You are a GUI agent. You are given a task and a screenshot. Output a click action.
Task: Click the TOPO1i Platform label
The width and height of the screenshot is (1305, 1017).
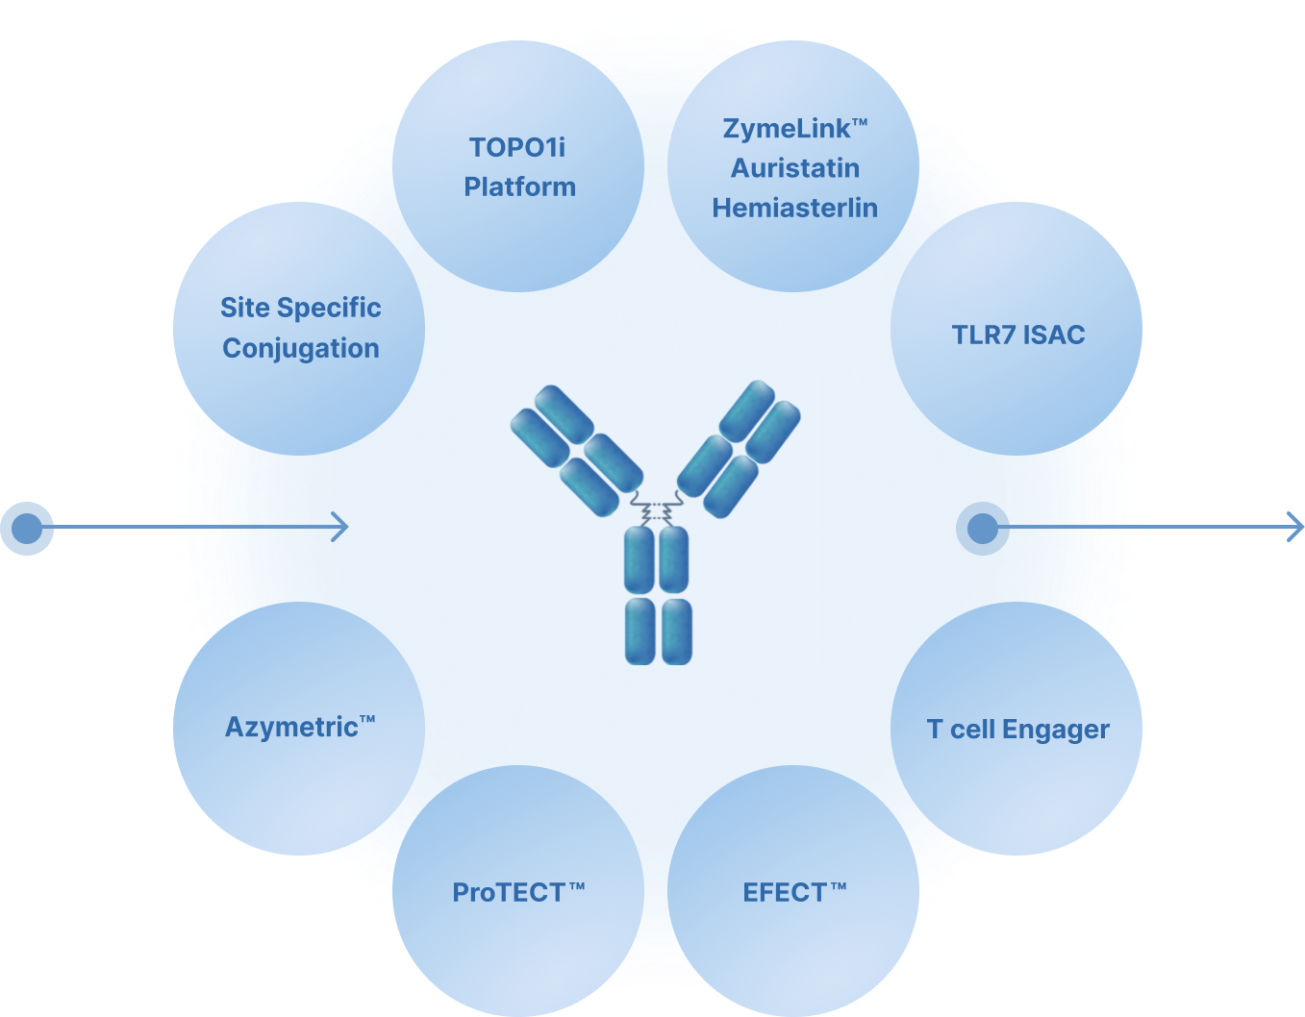click(x=519, y=166)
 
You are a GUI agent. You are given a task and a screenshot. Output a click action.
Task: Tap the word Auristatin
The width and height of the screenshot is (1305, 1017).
click(x=795, y=168)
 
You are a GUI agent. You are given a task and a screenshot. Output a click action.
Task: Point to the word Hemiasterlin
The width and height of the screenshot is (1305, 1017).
click(x=795, y=208)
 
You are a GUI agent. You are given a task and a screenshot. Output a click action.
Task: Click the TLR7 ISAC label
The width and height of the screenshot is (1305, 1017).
click(x=1017, y=335)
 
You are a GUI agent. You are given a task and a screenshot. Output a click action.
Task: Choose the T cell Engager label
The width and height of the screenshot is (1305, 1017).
click(x=1017, y=730)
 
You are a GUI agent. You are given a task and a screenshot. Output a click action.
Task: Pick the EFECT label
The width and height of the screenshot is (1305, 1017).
click(x=793, y=893)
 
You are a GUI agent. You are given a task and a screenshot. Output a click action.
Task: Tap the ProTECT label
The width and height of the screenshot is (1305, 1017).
click(x=518, y=893)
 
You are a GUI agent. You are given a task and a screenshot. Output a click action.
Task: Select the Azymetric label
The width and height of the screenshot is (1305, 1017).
click(x=299, y=727)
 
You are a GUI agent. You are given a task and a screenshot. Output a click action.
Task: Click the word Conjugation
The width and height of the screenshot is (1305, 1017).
click(x=301, y=348)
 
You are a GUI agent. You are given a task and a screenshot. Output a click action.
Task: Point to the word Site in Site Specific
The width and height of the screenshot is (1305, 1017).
click(x=244, y=308)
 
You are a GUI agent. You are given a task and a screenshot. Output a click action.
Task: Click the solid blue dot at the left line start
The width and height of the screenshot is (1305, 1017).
click(x=27, y=528)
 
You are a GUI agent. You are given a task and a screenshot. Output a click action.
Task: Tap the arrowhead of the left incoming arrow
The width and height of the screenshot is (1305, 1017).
click(x=340, y=527)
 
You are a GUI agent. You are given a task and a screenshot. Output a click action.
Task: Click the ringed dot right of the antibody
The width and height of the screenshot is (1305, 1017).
click(x=982, y=528)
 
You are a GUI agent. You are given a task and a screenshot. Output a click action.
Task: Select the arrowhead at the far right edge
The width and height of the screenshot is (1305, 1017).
click(x=1295, y=527)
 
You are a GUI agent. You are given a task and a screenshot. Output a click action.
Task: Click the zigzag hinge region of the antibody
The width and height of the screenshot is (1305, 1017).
click(x=656, y=508)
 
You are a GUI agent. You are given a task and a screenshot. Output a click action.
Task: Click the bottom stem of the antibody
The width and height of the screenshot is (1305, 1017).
click(x=658, y=596)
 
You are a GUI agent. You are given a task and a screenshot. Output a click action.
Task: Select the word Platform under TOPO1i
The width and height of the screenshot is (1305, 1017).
click(x=519, y=186)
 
